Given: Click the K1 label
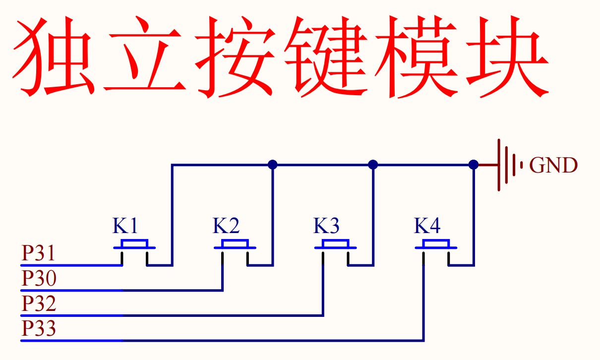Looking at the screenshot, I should click(124, 226).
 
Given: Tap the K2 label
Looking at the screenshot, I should click(226, 226).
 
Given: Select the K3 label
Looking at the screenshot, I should click(326, 226).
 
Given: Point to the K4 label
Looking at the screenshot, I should click(427, 226).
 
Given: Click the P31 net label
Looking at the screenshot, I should click(38, 254).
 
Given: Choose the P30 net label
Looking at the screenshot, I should click(39, 279).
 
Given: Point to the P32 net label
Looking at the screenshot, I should click(39, 303).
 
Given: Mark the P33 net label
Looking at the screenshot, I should click(39, 329).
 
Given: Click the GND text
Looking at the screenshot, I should click(553, 165).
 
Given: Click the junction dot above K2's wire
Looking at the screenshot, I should click(272, 165).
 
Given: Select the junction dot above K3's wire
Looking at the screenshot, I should click(373, 165).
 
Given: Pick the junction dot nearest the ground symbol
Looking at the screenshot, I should click(474, 165).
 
